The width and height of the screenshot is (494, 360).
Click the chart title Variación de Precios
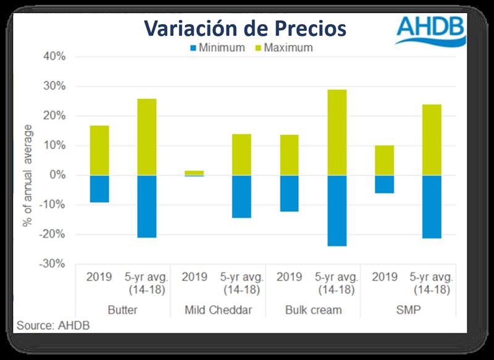[x=245, y=28]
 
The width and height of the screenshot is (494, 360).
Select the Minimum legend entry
[x=220, y=48]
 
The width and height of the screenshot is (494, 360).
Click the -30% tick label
[x=52, y=264]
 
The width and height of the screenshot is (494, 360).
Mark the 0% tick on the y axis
[x=57, y=175]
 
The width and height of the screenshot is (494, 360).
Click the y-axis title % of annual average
[x=27, y=176]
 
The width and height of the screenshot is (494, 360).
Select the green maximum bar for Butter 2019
[x=99, y=151]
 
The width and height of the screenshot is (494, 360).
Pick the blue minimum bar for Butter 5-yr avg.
[x=147, y=206]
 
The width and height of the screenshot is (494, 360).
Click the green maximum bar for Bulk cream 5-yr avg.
[x=337, y=133]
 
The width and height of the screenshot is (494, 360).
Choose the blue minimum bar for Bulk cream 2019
[x=289, y=193]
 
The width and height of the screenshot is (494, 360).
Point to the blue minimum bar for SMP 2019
[x=384, y=184]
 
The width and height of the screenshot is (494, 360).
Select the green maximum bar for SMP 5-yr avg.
[x=432, y=140]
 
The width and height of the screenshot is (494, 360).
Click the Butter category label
[x=122, y=310]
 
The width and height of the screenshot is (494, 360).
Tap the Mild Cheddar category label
[x=217, y=310]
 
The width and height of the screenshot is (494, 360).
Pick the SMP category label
[x=408, y=310]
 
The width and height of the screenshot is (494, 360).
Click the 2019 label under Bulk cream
[x=289, y=277]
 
